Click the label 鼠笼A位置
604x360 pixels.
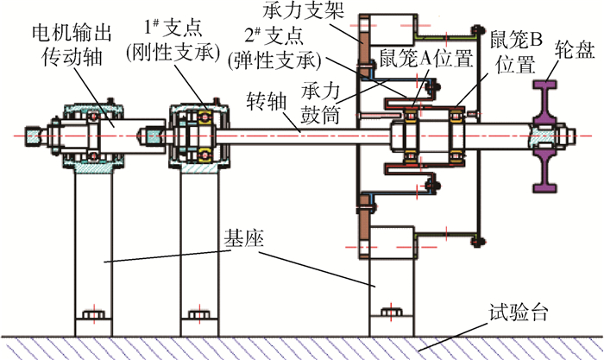tap(426, 59)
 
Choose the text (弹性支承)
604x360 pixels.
tap(278, 63)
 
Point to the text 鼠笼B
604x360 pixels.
tap(515, 39)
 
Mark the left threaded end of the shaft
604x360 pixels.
tap(35, 136)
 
